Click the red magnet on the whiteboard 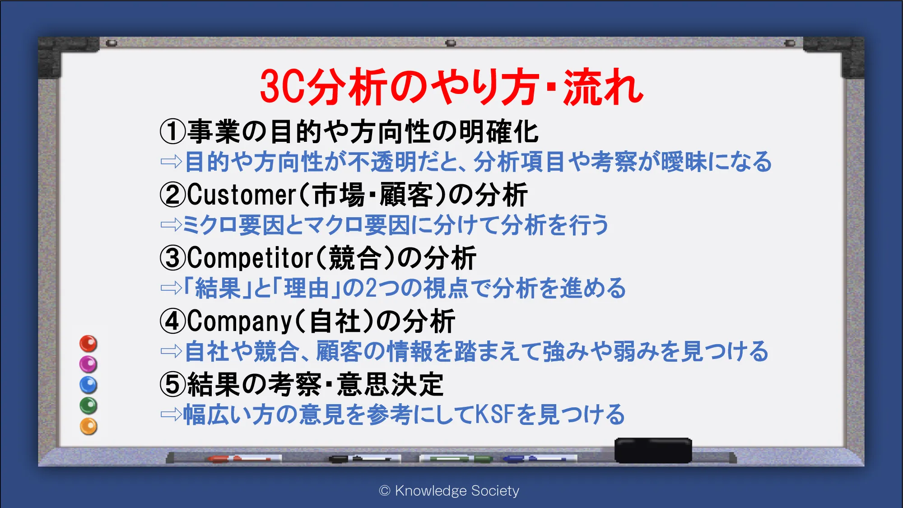click(x=88, y=344)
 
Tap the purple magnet click(x=88, y=364)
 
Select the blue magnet click(x=88, y=385)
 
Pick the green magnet click(x=88, y=405)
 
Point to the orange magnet click(x=88, y=426)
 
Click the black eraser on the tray click(x=653, y=450)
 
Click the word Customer click(x=242, y=195)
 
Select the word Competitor click(x=250, y=258)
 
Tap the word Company click(x=240, y=322)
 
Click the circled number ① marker click(x=173, y=131)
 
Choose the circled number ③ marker click(x=173, y=258)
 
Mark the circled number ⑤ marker click(x=173, y=385)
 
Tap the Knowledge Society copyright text click(x=449, y=490)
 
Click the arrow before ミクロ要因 click(x=171, y=224)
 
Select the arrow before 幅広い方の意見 click(x=171, y=414)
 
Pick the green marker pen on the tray click(x=456, y=459)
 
